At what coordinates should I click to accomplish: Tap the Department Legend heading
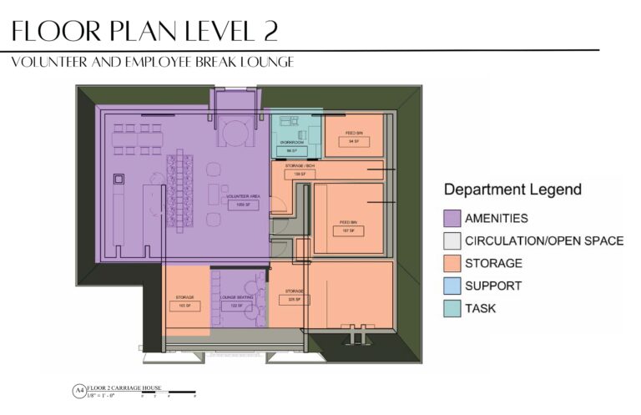[x=512, y=190]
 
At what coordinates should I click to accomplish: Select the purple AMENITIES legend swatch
[x=452, y=219]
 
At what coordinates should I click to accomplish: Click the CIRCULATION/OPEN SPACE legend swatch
[x=452, y=241]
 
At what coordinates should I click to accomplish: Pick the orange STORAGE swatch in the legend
[x=452, y=263]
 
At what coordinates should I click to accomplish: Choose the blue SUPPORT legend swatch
[x=452, y=286]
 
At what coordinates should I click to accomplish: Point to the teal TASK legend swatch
[x=452, y=308]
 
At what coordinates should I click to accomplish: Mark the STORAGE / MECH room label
[x=297, y=167]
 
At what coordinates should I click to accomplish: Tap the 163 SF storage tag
[x=184, y=306]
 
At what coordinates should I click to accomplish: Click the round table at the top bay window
[x=234, y=133]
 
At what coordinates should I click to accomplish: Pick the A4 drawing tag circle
[x=79, y=390]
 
